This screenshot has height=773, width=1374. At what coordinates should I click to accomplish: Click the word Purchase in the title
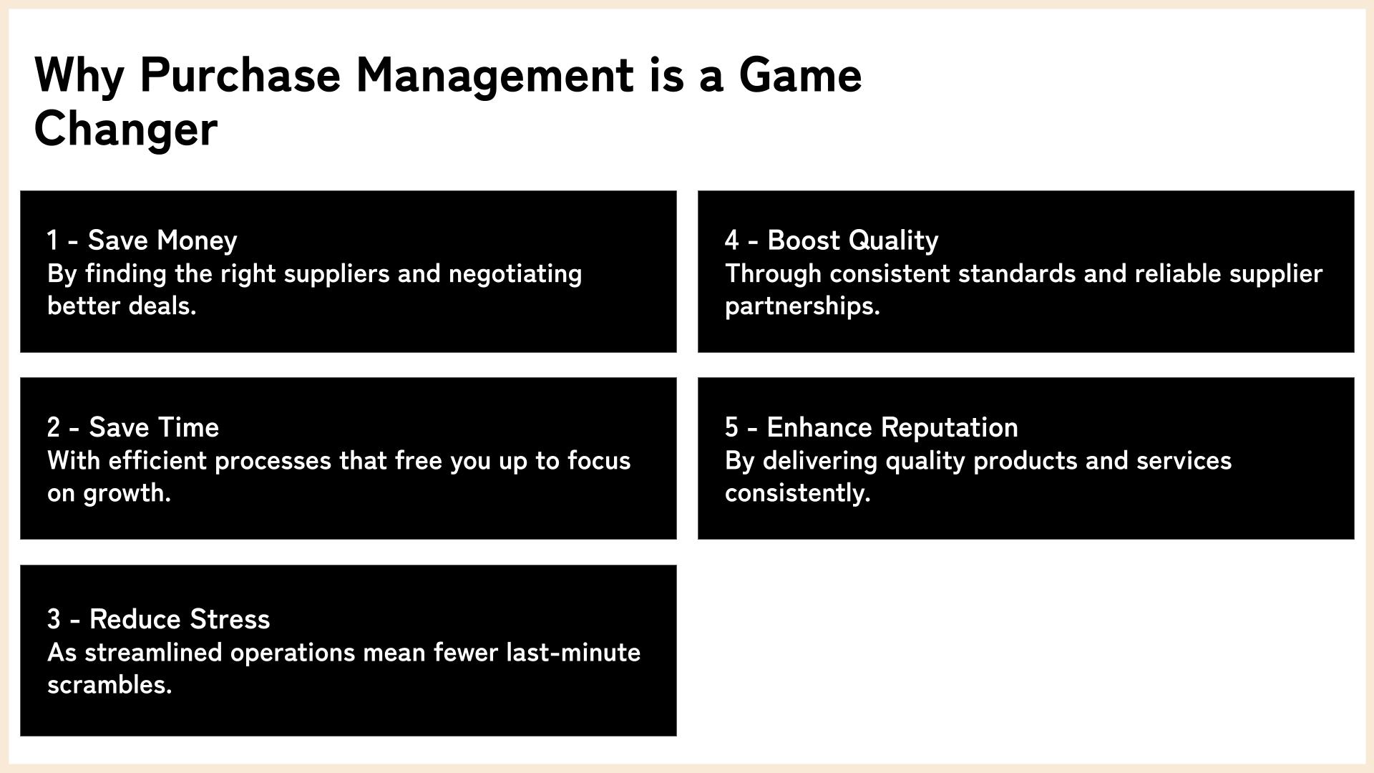(x=240, y=76)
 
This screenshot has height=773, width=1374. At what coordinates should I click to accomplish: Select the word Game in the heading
(x=800, y=75)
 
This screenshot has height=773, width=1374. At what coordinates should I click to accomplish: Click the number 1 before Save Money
(x=52, y=240)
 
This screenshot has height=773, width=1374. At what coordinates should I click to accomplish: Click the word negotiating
(x=515, y=274)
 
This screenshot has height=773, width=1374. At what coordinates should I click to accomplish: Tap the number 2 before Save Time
(x=54, y=427)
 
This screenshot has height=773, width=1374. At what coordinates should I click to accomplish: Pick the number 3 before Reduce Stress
(x=54, y=619)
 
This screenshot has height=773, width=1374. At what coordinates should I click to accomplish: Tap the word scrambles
(x=109, y=686)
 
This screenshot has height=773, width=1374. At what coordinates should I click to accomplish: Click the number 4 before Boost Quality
(x=731, y=240)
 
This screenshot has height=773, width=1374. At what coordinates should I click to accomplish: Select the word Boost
(x=801, y=240)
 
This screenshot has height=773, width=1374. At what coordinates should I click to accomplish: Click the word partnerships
(x=802, y=307)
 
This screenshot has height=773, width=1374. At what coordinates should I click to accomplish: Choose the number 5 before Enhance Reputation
(x=731, y=427)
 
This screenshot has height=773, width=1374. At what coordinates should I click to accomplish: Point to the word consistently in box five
(x=797, y=494)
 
